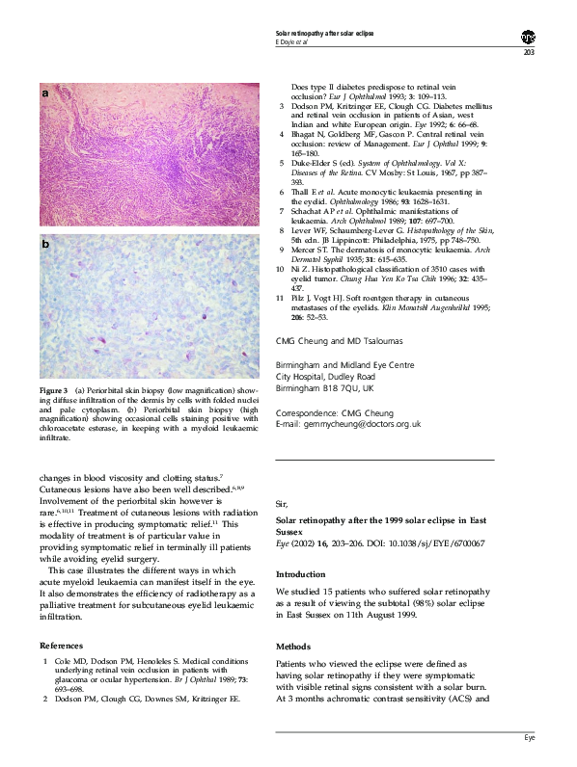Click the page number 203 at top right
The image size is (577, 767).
click(529, 53)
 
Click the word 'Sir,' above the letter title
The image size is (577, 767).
click(282, 503)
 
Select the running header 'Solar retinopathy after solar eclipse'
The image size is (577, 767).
click(324, 34)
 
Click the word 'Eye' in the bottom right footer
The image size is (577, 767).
click(529, 737)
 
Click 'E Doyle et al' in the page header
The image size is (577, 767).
click(294, 42)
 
